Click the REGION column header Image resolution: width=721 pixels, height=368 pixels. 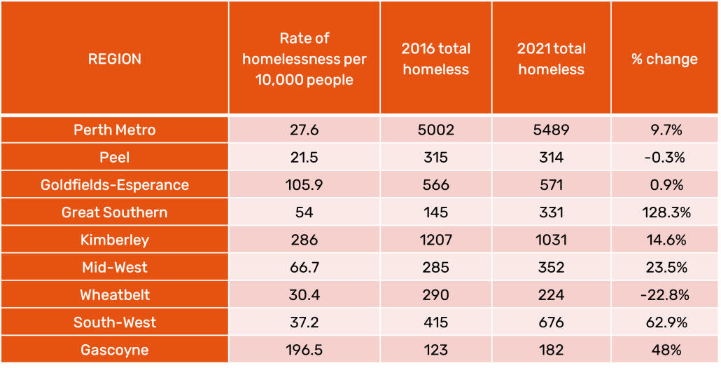point(115,60)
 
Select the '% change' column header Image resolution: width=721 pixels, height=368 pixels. point(664,60)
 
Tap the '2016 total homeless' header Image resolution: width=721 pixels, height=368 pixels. point(436,59)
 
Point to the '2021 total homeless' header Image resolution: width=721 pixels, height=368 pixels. point(552,59)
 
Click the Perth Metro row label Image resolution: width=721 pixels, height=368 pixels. point(115,130)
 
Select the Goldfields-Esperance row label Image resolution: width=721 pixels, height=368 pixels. point(115,184)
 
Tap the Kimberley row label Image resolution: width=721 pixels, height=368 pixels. point(115,240)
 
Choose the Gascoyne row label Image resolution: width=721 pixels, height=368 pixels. point(115,350)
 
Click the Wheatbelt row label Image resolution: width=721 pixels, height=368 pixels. point(115,295)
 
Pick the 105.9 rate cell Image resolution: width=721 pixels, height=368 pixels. point(304,184)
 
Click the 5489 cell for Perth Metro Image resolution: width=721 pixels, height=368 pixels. point(552,130)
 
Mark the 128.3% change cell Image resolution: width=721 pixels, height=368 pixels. point(664,212)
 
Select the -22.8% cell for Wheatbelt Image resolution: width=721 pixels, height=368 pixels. point(664,295)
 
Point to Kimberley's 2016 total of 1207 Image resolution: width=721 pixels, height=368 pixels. point(436,240)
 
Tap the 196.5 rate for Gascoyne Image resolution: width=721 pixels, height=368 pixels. point(304,350)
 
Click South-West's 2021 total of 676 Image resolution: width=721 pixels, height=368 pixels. point(552,322)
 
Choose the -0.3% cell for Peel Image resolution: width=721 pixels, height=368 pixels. point(664,158)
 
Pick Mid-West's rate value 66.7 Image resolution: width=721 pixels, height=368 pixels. point(304,268)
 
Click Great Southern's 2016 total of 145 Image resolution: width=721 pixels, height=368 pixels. point(436,212)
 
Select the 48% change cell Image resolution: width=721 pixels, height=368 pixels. point(664,350)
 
